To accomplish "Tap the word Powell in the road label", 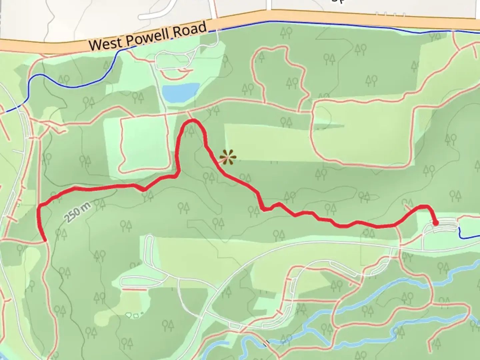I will (x=149, y=37).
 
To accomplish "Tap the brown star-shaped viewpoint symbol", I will (x=228, y=157).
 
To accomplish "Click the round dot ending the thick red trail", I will (x=435, y=223).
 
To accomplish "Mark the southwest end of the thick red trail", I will (x=44, y=239).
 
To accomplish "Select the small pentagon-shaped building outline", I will (x=128, y=314).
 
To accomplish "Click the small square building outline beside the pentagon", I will (x=136, y=315).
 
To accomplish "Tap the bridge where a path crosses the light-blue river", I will (x=267, y=342).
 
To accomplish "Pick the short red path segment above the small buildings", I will (x=135, y=290).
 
